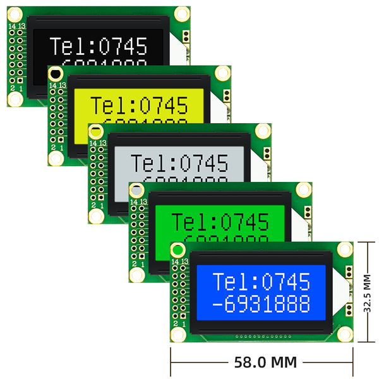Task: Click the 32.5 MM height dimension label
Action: pos(367,292)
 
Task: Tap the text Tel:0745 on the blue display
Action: pos(261,282)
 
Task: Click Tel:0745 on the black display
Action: pos(99,46)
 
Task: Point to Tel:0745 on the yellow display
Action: pos(139,104)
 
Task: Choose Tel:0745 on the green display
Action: pos(220,221)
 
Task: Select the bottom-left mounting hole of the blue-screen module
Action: pos(177,334)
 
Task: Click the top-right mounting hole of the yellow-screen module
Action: pos(222,73)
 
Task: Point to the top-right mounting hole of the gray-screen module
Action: pos(262,131)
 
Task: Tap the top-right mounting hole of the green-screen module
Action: pos(304,189)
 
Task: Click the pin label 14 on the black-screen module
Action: pos(12,25)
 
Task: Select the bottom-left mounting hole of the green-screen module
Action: pos(137,275)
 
